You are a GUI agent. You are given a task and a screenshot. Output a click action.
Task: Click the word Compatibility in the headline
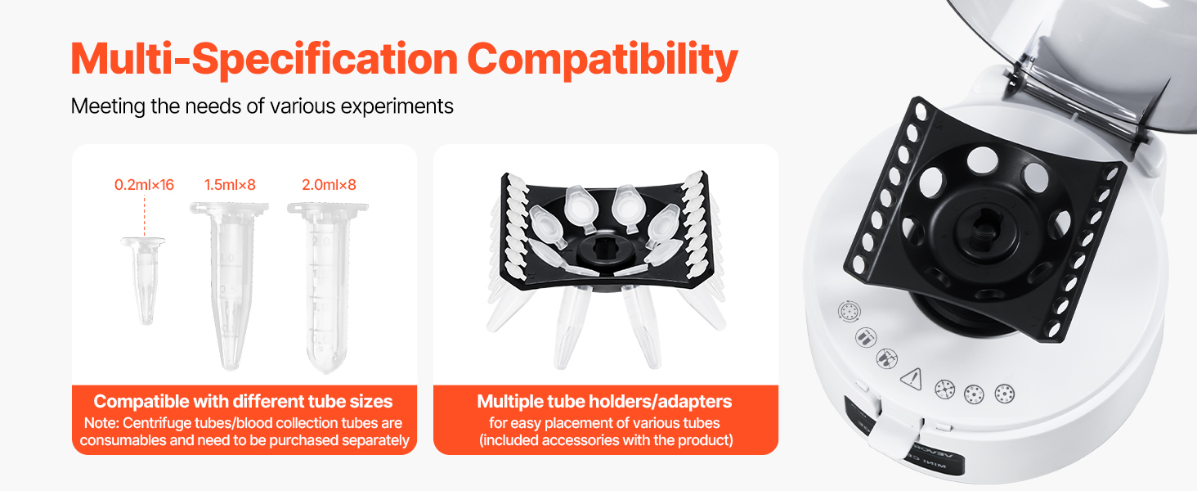point(603,59)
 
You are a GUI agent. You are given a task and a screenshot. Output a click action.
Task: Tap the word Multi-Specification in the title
point(264,59)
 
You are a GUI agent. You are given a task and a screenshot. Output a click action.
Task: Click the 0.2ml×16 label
point(144,185)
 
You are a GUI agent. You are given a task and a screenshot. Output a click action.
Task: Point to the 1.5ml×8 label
point(230,185)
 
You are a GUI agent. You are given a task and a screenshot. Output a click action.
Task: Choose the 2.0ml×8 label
point(329,185)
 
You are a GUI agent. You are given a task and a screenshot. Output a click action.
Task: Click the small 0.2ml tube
point(144,280)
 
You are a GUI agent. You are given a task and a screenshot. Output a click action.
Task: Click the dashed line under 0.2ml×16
point(144,215)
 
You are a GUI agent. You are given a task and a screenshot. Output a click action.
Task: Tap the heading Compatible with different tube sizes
point(243,401)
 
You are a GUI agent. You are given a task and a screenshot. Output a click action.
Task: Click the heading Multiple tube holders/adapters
point(604,401)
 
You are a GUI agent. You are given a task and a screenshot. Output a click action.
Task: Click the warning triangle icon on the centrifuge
point(912,379)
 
